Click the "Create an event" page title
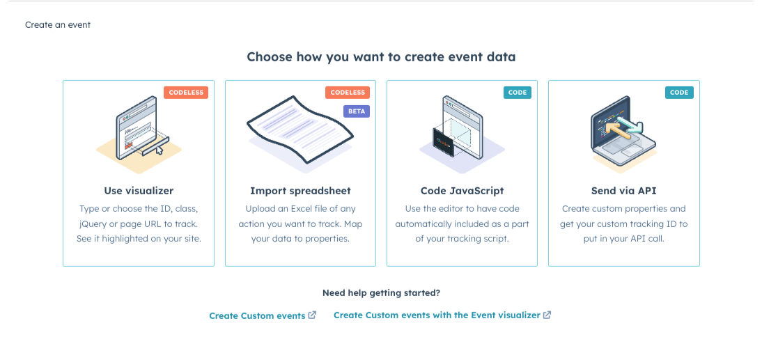(x=58, y=25)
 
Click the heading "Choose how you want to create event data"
(x=381, y=57)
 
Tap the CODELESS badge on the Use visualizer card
(x=186, y=93)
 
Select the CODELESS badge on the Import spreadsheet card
(x=348, y=93)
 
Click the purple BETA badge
(x=356, y=111)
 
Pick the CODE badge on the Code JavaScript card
(x=518, y=93)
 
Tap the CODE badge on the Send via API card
(x=679, y=93)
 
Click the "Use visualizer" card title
(x=139, y=191)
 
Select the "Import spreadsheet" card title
(x=300, y=191)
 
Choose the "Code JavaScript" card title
(x=462, y=191)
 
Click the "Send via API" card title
(x=623, y=191)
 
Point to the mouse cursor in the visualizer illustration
(x=160, y=148)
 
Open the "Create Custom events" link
(x=257, y=316)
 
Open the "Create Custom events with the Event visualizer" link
(x=437, y=315)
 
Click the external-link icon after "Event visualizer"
(x=547, y=315)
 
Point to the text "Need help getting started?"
(x=381, y=293)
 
